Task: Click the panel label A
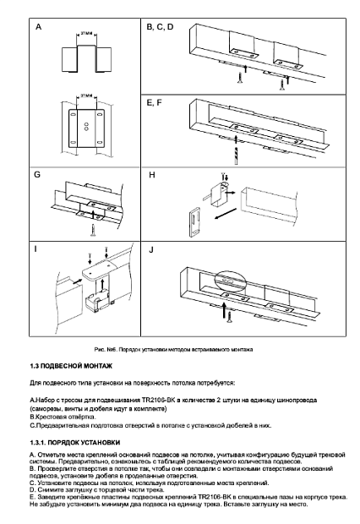tap(38, 27)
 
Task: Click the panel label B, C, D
tap(160, 27)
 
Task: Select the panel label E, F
tap(154, 102)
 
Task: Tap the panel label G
tap(37, 174)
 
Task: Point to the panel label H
tap(152, 175)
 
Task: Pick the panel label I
tap(35, 249)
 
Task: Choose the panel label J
tap(151, 249)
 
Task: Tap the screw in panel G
tap(93, 230)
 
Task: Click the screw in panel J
tap(230, 317)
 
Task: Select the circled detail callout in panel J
tap(230, 280)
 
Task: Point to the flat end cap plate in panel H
tap(195, 222)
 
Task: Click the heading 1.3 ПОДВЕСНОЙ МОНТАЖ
tap(71, 366)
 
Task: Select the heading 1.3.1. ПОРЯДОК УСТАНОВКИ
tap(75, 443)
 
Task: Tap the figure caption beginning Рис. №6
tap(173, 350)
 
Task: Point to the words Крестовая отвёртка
tap(64, 417)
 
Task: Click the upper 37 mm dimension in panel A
tap(86, 34)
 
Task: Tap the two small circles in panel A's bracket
tap(86, 127)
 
